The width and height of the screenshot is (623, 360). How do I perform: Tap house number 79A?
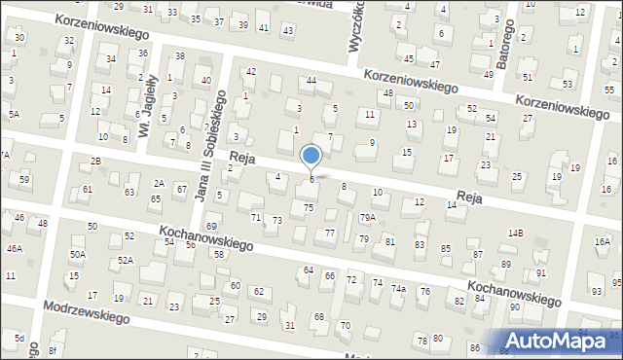[x=368, y=217]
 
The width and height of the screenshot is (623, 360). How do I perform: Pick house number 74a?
[x=399, y=289]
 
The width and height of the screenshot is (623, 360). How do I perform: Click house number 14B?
[x=515, y=234]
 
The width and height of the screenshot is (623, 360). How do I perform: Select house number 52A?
[x=126, y=260]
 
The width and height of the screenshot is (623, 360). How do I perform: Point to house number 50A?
[x=77, y=254]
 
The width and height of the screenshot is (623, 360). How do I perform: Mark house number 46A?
[x=14, y=248]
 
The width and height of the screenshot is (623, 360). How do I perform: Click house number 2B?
[x=95, y=161]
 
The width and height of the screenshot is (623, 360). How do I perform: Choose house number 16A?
[x=603, y=242]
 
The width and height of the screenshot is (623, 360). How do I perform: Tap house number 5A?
[x=14, y=115]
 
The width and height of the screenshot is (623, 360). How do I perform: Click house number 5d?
[x=19, y=339]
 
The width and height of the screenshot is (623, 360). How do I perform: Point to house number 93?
[x=596, y=292]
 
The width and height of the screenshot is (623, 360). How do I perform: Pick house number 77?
[x=330, y=233]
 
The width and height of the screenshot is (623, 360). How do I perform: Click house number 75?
[x=309, y=207]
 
